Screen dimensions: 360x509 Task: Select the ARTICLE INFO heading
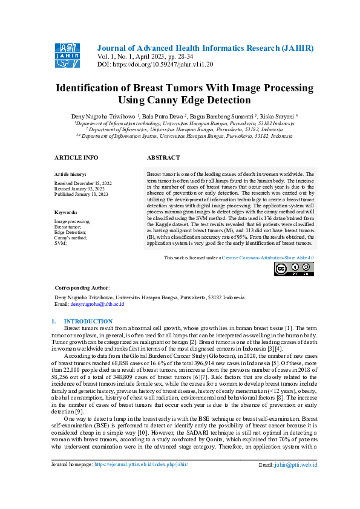tap(76, 157)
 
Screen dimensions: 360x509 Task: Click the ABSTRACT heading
tap(163, 157)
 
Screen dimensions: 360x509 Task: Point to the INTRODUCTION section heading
tap(88, 321)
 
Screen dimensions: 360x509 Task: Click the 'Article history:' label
tap(70, 173)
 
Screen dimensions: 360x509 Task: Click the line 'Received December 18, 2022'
tap(83, 183)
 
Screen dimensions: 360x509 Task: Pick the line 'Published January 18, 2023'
tap(82, 193)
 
